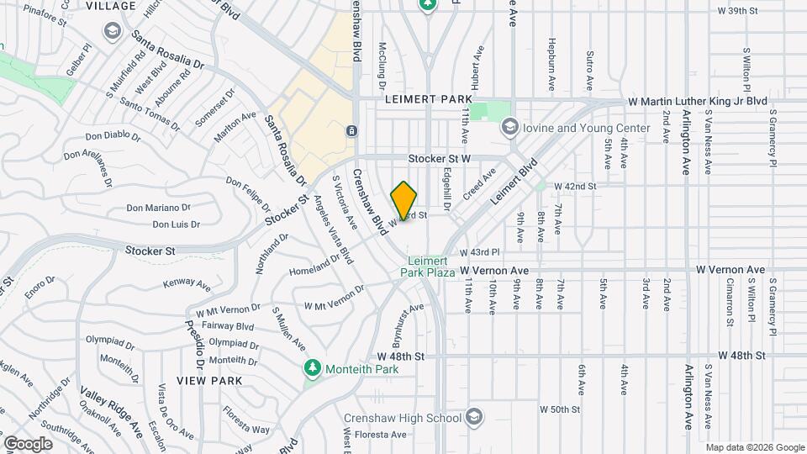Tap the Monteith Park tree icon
[x=313, y=368]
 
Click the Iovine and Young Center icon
[x=509, y=128]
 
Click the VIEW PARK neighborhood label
[x=209, y=381]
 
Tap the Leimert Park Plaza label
[x=431, y=267]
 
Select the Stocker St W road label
[x=443, y=158]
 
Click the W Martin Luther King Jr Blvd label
[x=699, y=101]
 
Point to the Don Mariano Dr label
[x=158, y=208]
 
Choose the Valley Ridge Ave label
[x=112, y=411]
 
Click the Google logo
[x=28, y=443]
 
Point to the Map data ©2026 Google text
[x=754, y=447]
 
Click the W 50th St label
[x=560, y=409]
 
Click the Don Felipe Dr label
[x=249, y=196]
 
